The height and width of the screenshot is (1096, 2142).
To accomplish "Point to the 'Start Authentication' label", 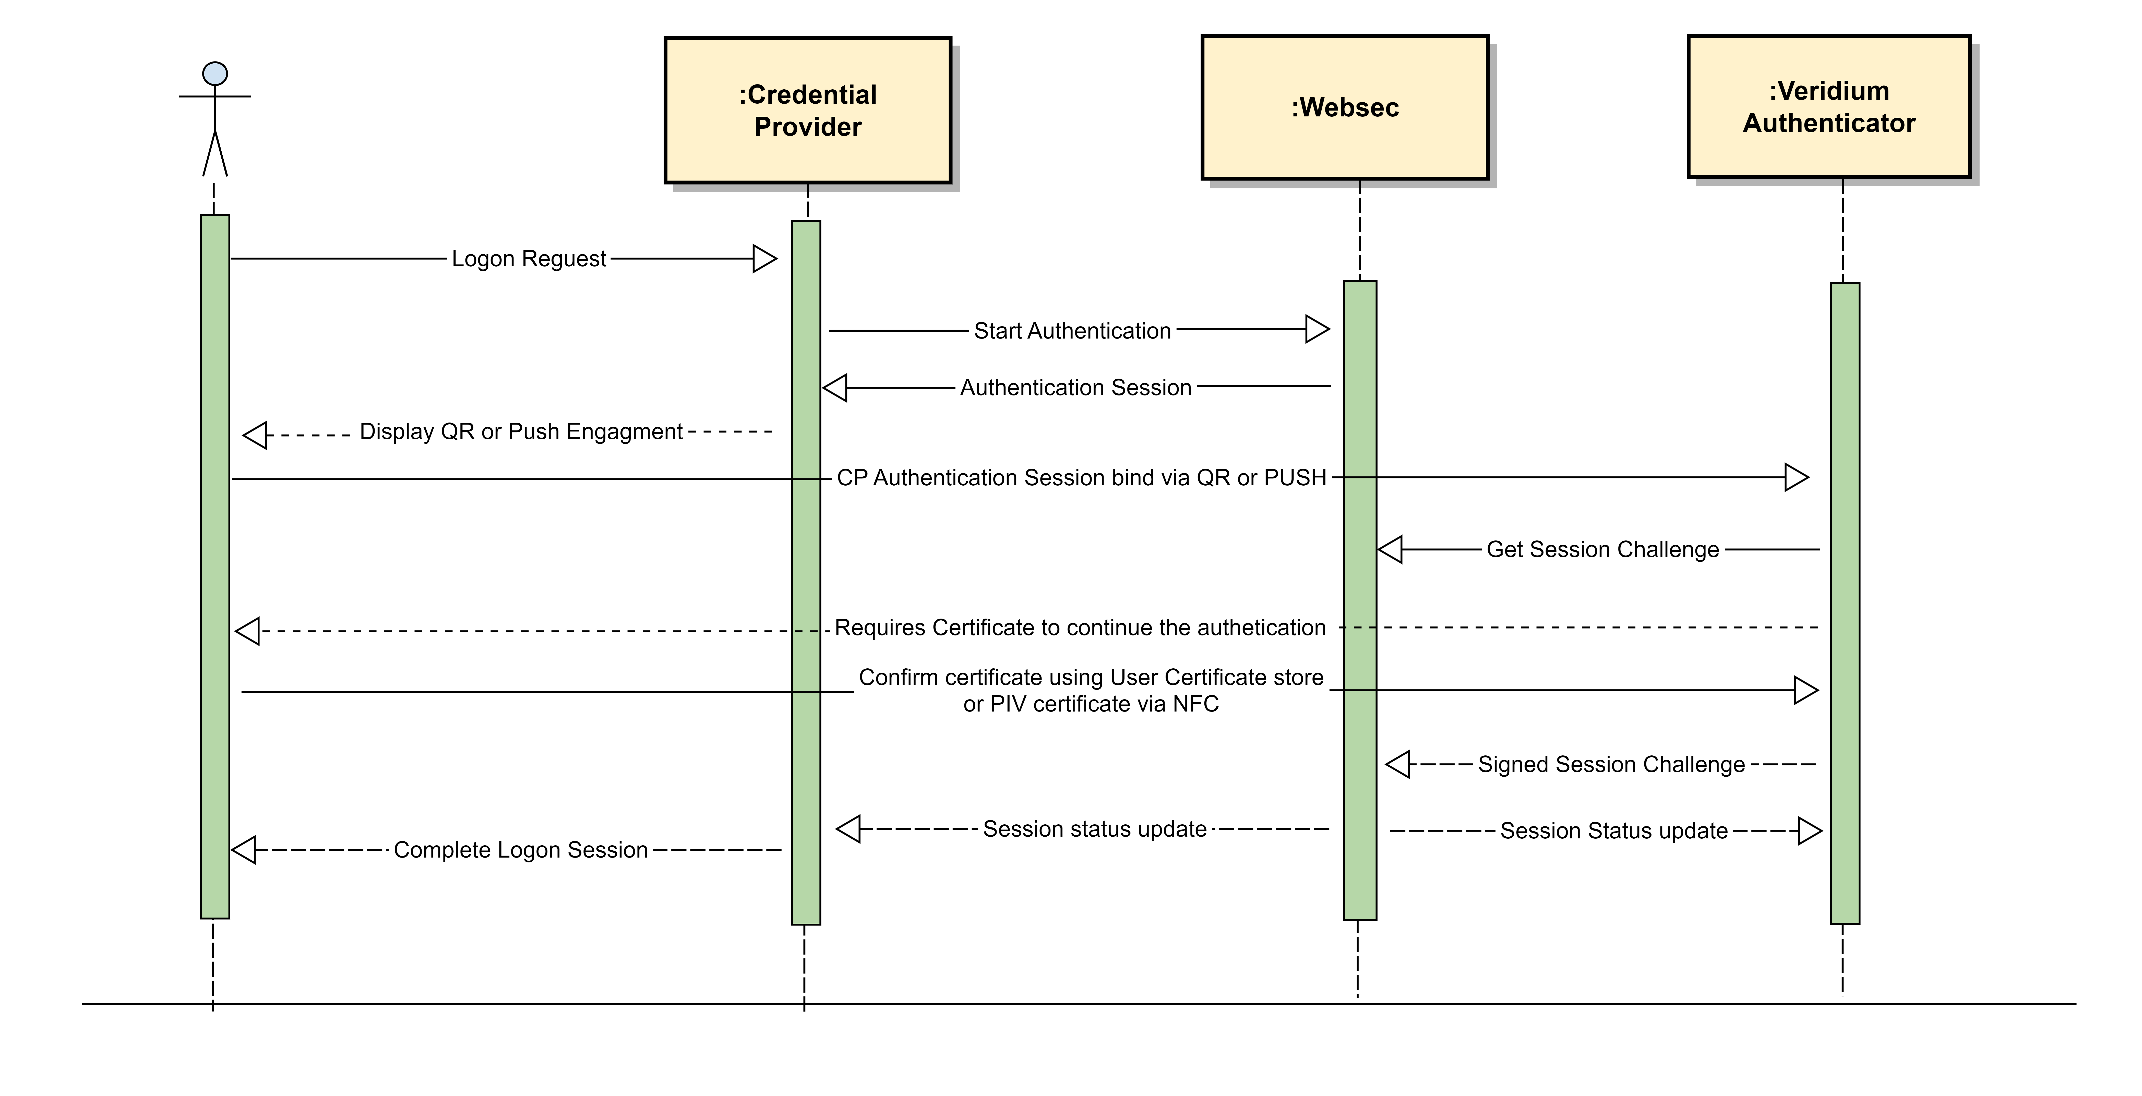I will coord(1072,331).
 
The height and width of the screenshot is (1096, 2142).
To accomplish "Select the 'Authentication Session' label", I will coord(1075,388).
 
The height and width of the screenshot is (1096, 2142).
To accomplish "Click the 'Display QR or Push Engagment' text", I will coord(521,431).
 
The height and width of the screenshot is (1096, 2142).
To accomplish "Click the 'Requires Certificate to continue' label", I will coord(1079,628).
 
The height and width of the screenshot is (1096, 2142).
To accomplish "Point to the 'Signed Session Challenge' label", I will coord(1611,764).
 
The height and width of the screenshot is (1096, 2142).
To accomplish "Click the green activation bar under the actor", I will coord(214,565).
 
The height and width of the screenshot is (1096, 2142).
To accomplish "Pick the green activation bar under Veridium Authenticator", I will coord(1844,603).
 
